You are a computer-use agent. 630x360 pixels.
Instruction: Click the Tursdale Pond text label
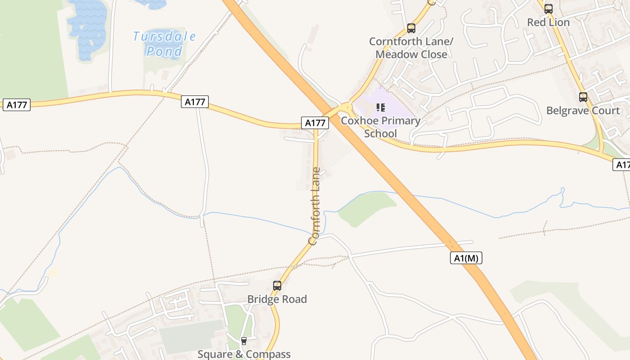click(164, 43)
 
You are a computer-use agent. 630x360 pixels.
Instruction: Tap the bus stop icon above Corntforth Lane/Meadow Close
click(411, 28)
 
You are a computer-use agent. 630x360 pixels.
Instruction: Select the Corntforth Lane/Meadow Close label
click(411, 48)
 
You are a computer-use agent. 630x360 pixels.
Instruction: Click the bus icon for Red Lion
click(548, 9)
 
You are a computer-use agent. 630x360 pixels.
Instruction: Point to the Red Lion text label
click(548, 22)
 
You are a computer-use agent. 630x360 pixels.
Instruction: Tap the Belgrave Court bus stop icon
click(583, 97)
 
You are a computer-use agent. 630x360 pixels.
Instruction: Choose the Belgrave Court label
click(583, 110)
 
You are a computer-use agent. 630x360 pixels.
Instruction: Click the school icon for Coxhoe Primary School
click(381, 108)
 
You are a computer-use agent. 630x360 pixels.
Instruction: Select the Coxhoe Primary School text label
click(381, 127)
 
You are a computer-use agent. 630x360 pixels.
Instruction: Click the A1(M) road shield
click(466, 258)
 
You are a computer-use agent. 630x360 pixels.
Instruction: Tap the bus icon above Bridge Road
click(277, 285)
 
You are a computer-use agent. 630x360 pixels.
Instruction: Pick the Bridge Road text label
click(277, 299)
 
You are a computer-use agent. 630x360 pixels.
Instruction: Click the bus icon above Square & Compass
click(244, 341)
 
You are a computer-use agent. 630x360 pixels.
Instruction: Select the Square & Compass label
click(244, 354)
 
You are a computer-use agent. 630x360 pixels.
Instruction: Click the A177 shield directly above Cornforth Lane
click(315, 122)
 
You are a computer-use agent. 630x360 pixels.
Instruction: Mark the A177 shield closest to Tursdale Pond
click(195, 102)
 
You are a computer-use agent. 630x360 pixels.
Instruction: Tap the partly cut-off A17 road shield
click(621, 165)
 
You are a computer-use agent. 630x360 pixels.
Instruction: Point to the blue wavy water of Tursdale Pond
click(88, 29)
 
